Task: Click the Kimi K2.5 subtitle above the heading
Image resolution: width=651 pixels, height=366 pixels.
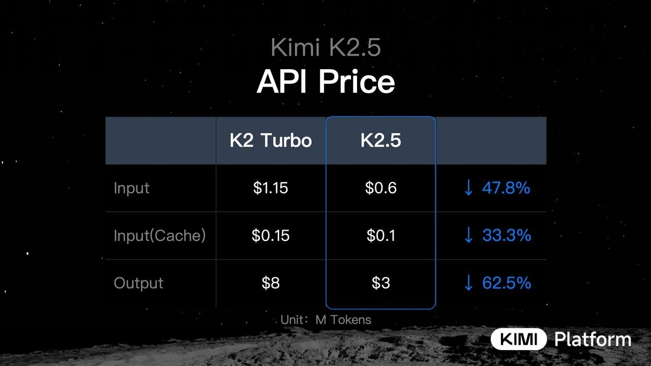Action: coord(325,48)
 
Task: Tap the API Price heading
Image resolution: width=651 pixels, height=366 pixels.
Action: coord(325,81)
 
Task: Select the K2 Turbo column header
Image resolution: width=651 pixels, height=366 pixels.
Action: coord(271,140)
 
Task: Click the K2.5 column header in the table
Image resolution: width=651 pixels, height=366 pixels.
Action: coord(380,140)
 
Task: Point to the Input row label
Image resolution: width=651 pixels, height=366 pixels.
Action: coord(132,188)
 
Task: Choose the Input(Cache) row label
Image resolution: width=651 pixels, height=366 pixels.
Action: coord(160,236)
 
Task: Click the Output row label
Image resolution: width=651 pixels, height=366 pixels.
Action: coord(138,283)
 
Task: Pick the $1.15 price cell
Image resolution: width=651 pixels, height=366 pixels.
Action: coord(271,188)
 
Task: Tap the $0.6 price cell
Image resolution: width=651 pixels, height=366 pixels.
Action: coord(380,188)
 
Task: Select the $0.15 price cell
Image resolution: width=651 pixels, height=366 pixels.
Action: coord(271,236)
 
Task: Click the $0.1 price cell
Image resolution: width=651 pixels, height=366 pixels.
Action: coord(380,236)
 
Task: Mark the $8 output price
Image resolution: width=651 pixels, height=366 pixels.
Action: coord(271,283)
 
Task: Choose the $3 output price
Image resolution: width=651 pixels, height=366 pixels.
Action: coord(380,283)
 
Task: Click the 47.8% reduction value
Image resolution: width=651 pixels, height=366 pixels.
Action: coord(506,188)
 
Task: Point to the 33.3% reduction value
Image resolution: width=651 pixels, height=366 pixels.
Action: coord(506,235)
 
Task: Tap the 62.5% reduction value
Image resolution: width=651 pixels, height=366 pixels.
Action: coord(506,283)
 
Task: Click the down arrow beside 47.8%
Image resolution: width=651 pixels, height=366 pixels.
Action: coord(468,188)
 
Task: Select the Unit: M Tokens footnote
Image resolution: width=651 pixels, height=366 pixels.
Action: coord(326,320)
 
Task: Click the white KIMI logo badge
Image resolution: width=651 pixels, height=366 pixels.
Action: coord(518,339)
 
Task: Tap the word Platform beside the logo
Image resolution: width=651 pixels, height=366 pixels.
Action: coord(593,339)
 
